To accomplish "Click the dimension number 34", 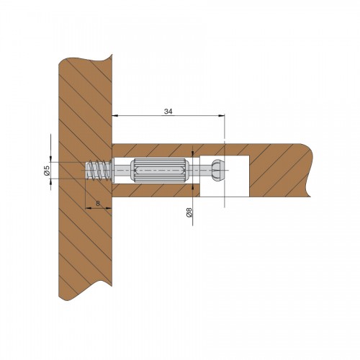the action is (x=168, y=112).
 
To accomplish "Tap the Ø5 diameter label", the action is (x=47, y=170).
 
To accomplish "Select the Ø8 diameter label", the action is (x=189, y=212).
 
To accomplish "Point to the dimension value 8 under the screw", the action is (x=98, y=203).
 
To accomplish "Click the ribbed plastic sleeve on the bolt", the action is (x=160, y=171).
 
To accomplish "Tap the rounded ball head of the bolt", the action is (x=218, y=171).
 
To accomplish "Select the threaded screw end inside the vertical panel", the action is (x=99, y=170).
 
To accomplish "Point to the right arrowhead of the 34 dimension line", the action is (x=222, y=116).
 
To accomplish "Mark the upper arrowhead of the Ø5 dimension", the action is (x=50, y=159).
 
